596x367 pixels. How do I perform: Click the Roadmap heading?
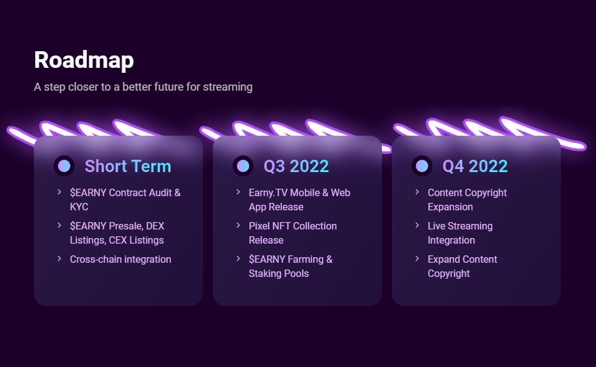click(x=84, y=60)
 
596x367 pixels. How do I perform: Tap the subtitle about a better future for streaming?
click(x=143, y=87)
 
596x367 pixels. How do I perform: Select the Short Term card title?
click(x=128, y=166)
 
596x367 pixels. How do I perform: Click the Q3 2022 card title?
click(x=296, y=166)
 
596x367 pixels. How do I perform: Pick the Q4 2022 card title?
click(x=474, y=166)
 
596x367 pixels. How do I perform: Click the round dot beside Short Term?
click(x=64, y=166)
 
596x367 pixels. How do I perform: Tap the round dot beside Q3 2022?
click(x=243, y=166)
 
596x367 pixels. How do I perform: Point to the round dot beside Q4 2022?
click(x=422, y=166)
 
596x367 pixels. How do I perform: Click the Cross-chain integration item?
click(x=120, y=260)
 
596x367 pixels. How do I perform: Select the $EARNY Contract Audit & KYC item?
click(x=125, y=199)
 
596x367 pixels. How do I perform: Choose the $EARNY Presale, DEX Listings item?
click(x=117, y=233)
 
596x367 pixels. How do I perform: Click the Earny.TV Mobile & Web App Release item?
click(x=299, y=199)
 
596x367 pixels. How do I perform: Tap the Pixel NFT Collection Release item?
click(x=292, y=233)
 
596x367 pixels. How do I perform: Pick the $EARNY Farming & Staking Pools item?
click(x=291, y=266)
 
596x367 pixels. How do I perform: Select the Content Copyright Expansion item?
click(x=467, y=199)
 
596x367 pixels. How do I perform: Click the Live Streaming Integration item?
click(x=460, y=233)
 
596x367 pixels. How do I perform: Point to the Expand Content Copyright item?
click(x=462, y=266)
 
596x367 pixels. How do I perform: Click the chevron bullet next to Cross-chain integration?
click(x=59, y=258)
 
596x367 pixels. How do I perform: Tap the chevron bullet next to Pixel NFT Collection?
click(x=238, y=225)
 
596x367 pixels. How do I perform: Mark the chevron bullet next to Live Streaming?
click(x=417, y=225)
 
